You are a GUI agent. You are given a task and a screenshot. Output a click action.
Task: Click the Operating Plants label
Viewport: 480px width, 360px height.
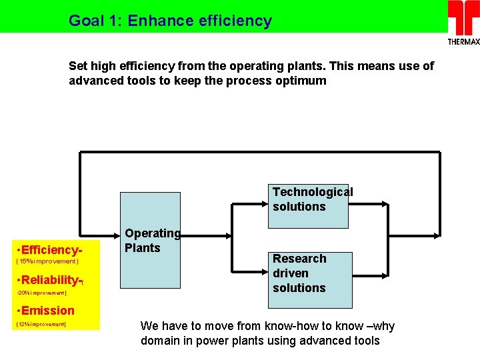(152, 241)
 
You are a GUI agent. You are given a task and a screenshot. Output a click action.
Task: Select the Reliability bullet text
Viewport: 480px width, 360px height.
(51, 279)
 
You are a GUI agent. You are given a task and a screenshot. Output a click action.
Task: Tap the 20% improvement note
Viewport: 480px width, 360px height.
(41, 293)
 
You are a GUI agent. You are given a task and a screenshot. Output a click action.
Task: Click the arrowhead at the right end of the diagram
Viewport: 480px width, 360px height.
(437, 235)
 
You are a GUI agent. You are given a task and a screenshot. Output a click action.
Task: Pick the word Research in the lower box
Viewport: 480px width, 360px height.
(299, 259)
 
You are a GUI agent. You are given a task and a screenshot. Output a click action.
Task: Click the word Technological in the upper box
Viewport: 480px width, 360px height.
(313, 192)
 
